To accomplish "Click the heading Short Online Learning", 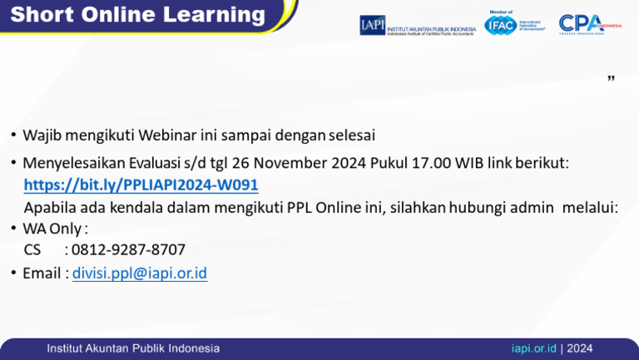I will point(137,14).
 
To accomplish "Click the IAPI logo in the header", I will point(417,25).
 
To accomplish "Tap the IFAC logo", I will point(514,24).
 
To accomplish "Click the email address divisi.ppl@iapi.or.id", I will point(140,273).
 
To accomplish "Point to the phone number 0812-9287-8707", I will point(128,249).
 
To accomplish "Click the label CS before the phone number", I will point(32,249).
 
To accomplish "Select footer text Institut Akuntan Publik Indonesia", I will point(133,348).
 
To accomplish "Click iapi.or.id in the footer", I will point(533,348).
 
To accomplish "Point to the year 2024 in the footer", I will point(580,348).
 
